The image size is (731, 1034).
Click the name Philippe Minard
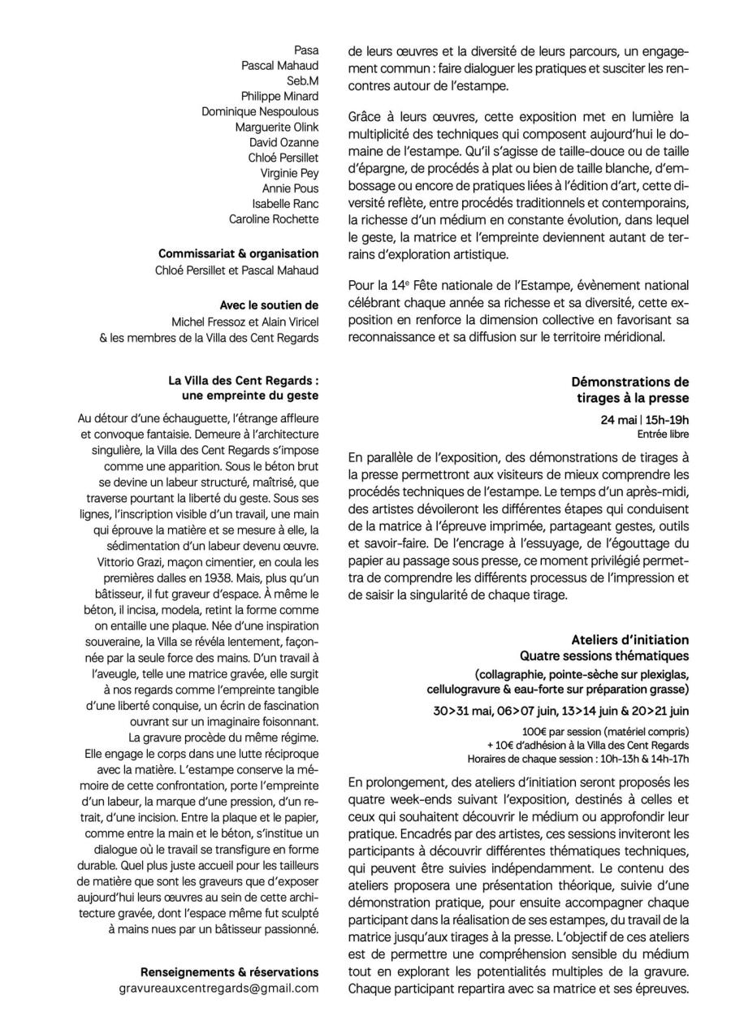point(279,96)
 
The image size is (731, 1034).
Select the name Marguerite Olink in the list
point(277,127)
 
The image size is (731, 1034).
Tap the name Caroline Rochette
point(274,219)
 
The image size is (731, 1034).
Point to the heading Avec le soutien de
point(269,305)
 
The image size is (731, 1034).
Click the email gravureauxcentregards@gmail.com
point(218,989)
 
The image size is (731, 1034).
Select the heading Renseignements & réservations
point(229,972)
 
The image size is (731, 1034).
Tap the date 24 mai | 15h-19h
point(645,419)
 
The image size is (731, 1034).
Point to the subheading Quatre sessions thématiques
point(604,655)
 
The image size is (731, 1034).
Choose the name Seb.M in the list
point(302,80)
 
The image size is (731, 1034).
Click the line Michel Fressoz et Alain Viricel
point(245,322)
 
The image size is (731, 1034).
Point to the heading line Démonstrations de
point(629,382)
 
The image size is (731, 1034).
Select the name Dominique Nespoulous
point(260,111)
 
